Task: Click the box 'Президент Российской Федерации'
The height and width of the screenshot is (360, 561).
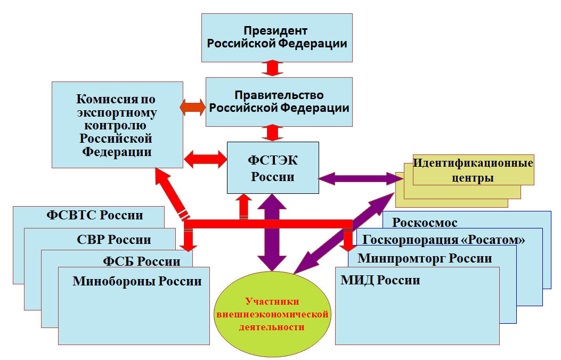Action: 277,37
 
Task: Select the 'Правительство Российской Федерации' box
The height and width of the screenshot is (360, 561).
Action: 279,102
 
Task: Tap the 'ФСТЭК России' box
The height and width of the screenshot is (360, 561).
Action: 273,168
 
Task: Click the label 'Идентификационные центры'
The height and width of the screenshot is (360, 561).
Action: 473,170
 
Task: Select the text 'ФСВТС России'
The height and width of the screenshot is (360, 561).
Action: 95,215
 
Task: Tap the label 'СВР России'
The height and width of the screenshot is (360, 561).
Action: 113,239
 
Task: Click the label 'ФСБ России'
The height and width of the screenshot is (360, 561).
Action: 141,261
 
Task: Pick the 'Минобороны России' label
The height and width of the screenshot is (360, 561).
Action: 137,281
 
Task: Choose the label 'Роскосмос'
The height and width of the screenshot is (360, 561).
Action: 425,223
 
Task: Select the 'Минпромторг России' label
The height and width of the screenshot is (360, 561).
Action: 425,259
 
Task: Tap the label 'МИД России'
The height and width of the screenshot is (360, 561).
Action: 380,280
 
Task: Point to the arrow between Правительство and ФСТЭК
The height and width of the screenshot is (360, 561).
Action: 272,133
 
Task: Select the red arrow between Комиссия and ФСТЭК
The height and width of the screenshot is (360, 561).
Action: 205,159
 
